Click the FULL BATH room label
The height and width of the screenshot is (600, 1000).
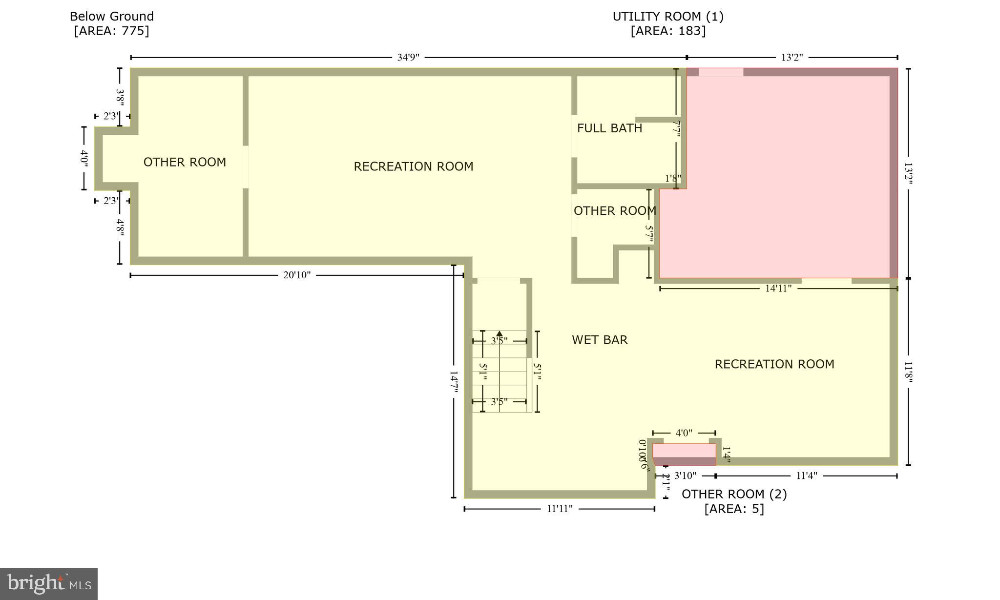coord(609,128)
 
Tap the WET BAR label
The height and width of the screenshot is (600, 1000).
coord(600,340)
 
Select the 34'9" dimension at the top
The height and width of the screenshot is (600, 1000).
coord(408,58)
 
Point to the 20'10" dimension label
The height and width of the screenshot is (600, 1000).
coord(297,275)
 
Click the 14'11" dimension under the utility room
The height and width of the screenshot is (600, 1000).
coord(778,289)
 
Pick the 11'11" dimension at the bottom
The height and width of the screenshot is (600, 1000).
coord(559,509)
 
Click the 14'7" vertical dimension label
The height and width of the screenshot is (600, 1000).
coord(454,381)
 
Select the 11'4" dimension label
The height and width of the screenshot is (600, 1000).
coord(806,476)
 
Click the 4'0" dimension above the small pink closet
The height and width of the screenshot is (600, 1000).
coord(684,433)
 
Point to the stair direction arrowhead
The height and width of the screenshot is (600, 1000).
coord(499,334)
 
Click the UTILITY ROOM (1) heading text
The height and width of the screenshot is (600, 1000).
coord(668,17)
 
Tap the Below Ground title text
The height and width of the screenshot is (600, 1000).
coord(112,17)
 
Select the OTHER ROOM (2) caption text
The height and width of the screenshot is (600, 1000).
coord(734,494)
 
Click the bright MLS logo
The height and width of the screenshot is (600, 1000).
coord(49,583)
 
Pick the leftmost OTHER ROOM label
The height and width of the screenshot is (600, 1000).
coord(185,162)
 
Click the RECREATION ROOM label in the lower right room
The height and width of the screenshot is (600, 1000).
coord(774,364)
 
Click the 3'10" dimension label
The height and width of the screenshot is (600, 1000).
coord(685,476)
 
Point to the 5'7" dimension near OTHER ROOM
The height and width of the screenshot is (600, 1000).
coord(649,233)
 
